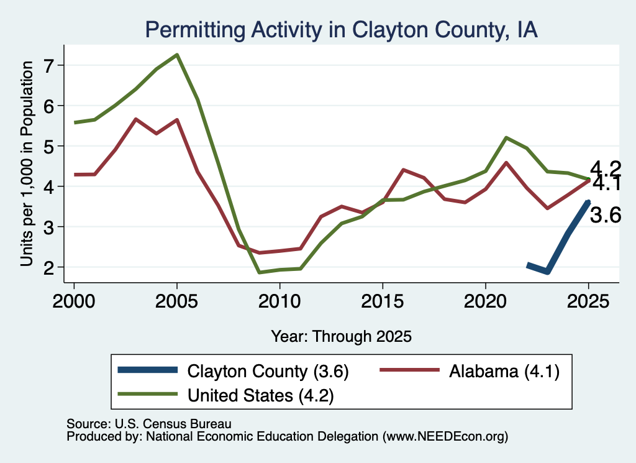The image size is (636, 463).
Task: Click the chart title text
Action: [x=342, y=30]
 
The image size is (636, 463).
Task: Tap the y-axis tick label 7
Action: [x=48, y=66]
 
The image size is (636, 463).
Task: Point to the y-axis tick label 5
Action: [x=48, y=146]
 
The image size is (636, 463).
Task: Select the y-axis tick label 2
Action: [x=48, y=267]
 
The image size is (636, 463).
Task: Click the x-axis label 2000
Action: [x=74, y=301]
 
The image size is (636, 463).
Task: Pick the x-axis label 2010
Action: [x=279, y=301]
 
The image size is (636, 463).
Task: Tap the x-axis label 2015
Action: [x=383, y=301]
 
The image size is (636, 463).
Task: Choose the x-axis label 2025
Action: [x=588, y=301]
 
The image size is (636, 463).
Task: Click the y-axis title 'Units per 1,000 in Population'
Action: [x=27, y=163]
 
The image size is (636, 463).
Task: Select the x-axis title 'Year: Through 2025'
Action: [x=341, y=337]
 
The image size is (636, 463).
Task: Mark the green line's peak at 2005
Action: [x=177, y=55]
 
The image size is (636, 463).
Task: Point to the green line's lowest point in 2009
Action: [x=259, y=272]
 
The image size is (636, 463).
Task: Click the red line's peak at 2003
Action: [x=135, y=119]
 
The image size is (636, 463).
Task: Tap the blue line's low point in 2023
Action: [x=547, y=272]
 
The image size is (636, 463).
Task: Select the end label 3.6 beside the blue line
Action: [x=605, y=215]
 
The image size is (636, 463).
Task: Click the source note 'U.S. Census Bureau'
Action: [x=173, y=424]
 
